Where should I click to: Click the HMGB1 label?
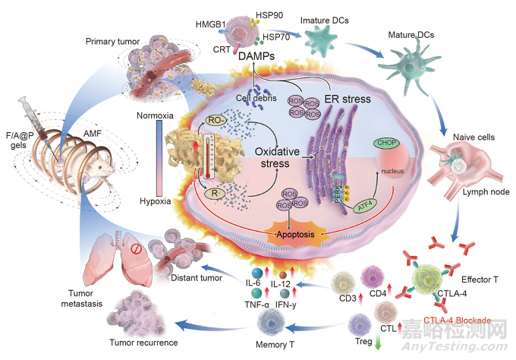tap(209, 24)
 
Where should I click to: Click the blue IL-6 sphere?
tap(256, 273)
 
